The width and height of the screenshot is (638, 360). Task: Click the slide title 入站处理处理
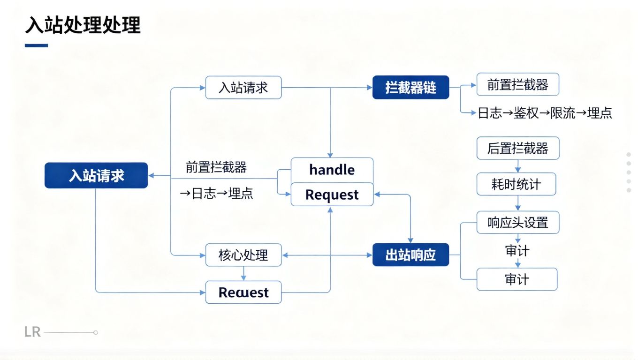83,25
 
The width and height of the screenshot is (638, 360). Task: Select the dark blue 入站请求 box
96,175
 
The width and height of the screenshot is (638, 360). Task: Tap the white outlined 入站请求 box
243,88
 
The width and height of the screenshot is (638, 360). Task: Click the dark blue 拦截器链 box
410,87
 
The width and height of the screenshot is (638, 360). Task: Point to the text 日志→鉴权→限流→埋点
545,113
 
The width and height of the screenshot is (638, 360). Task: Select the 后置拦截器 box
517,149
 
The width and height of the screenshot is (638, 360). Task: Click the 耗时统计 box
516,184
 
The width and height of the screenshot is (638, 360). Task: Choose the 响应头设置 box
517,222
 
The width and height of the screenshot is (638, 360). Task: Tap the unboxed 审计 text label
517,251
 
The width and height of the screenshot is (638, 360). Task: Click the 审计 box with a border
517,279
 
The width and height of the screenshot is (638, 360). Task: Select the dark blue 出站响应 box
410,255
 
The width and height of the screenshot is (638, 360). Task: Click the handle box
332,170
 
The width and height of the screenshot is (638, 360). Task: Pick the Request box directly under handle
332,195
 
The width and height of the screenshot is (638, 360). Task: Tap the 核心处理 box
243,255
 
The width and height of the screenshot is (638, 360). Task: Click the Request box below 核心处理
243,292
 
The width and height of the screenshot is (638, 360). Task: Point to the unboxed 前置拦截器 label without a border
216,167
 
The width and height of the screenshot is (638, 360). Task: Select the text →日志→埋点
217,194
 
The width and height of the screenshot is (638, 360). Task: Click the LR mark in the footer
32,333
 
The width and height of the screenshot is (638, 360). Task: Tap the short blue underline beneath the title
36,45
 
